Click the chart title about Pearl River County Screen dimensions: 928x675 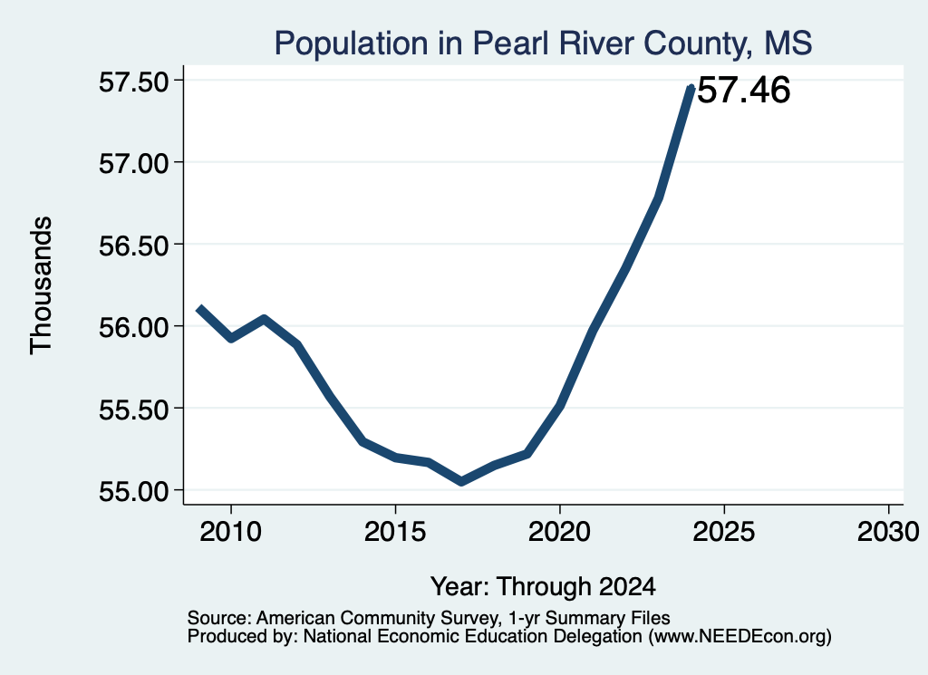pyautogui.click(x=543, y=43)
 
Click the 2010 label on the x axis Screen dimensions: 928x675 pyautogui.click(x=230, y=532)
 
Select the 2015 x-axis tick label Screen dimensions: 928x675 pyautogui.click(x=395, y=532)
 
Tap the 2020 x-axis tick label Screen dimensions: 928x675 pyautogui.click(x=559, y=532)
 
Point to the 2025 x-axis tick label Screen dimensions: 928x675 pyautogui.click(x=724, y=532)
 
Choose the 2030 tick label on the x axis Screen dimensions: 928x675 pyautogui.click(x=888, y=532)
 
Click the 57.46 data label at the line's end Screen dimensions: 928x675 pyautogui.click(x=744, y=91)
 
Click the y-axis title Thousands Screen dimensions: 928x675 pyautogui.click(x=41, y=285)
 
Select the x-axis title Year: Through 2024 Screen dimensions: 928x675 pyautogui.click(x=543, y=587)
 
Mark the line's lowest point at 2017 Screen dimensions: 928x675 pyautogui.click(x=461, y=481)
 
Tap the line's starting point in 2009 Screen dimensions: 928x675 pyautogui.click(x=199, y=308)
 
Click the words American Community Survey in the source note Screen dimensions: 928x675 pyautogui.click(x=377, y=618)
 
